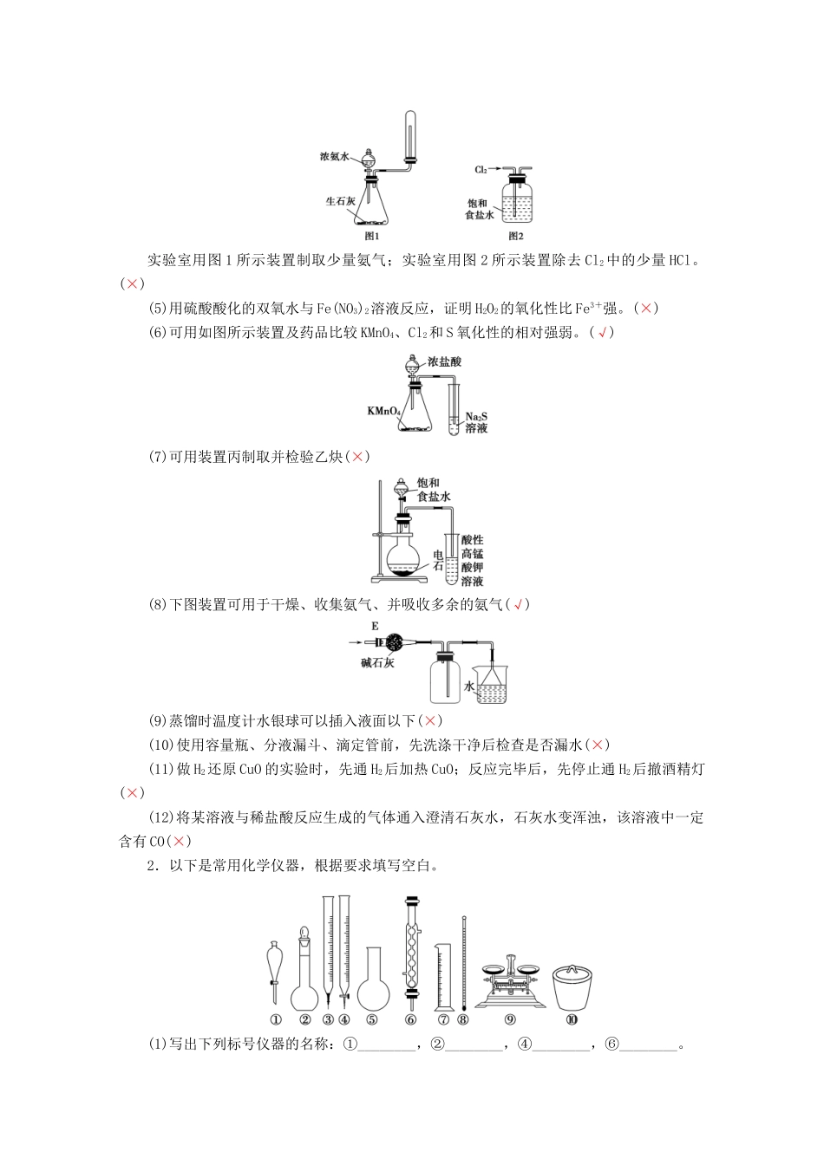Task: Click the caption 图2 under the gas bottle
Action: [x=516, y=236]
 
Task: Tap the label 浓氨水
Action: [x=333, y=157]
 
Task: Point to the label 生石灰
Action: [x=341, y=200]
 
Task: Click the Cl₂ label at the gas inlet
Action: [x=481, y=169]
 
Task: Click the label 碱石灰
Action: [x=377, y=663]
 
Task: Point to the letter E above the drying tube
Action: [x=375, y=626]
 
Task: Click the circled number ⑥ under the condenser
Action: [x=411, y=1020]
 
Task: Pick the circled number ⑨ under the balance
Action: [x=510, y=1020]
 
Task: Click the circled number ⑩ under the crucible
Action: [x=571, y=1020]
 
